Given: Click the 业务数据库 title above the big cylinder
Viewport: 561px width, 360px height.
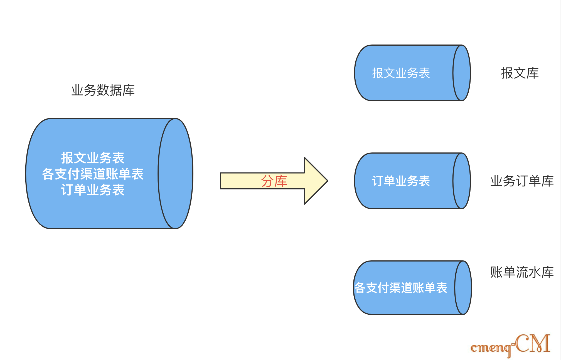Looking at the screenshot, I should click(x=103, y=90).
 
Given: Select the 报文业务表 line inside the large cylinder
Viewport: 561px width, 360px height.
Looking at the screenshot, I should click(x=93, y=158).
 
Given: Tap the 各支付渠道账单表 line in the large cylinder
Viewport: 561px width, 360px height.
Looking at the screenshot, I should click(x=93, y=174).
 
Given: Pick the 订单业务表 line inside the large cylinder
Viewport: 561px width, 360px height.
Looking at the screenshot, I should click(x=93, y=190).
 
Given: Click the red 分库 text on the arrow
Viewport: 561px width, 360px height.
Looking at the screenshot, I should click(x=274, y=181).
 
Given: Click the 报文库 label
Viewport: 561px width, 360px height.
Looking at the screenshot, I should click(x=520, y=73).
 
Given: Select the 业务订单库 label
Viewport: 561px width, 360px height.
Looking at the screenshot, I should click(x=522, y=181).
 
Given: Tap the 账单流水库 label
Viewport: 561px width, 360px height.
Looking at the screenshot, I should click(x=522, y=272).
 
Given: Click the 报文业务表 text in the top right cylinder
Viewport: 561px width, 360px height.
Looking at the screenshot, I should click(x=401, y=73).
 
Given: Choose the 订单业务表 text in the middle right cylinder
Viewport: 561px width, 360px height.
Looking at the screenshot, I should click(x=401, y=181).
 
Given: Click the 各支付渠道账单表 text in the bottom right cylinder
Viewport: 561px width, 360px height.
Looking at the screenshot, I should click(x=401, y=288).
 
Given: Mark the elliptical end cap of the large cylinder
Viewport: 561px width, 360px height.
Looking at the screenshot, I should click(x=175, y=174).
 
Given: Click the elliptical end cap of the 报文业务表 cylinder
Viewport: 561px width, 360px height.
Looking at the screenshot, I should click(x=462, y=73).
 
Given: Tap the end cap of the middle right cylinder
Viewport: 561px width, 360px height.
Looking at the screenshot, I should click(x=462, y=181).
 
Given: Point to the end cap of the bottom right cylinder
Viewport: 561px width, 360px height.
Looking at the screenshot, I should click(x=463, y=288).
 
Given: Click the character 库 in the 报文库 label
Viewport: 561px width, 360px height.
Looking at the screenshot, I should click(x=533, y=73).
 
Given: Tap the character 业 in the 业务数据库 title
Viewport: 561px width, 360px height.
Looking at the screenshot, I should click(x=77, y=90).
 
